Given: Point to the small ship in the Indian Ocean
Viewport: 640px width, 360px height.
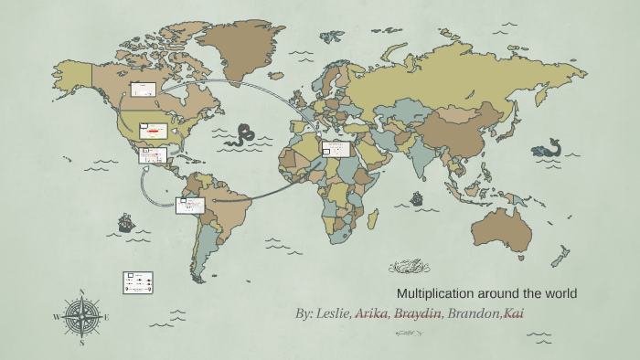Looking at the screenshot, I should [417, 198].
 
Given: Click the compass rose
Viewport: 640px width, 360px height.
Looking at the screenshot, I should [82, 317].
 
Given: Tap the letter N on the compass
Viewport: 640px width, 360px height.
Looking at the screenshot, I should [82, 292].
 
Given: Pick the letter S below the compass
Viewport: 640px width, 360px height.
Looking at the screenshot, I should [82, 344].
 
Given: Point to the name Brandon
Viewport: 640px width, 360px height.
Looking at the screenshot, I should [475, 313].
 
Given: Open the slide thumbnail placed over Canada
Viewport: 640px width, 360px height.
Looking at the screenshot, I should [144, 90].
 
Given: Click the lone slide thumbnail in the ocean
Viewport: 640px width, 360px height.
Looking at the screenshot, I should [137, 281].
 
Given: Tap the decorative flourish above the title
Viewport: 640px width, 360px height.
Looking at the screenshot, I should [409, 267].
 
